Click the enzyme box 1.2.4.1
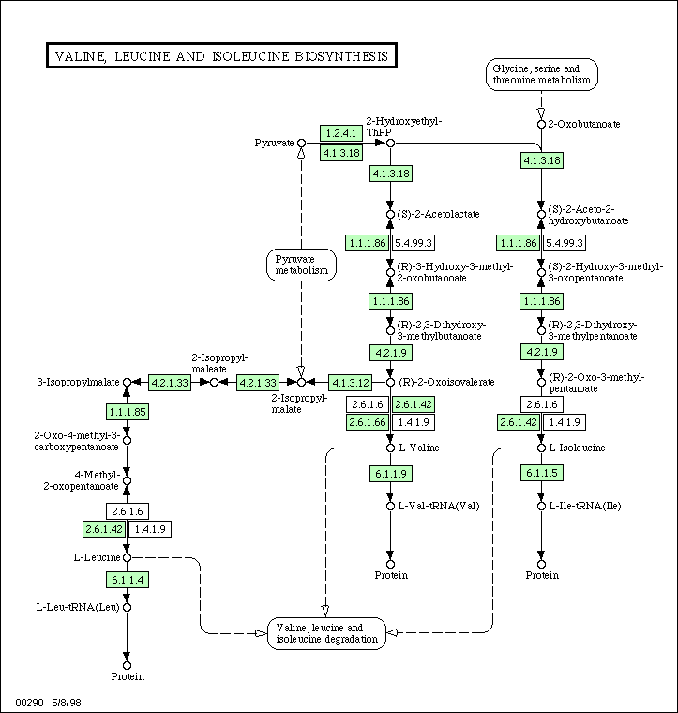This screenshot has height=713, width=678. [x=341, y=133]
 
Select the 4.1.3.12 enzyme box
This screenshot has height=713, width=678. [x=350, y=383]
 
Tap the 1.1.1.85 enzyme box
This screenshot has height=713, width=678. [x=128, y=412]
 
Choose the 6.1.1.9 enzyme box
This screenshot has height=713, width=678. [x=391, y=474]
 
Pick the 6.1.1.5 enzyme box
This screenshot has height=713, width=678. [x=542, y=473]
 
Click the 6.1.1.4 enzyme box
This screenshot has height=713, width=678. [x=128, y=580]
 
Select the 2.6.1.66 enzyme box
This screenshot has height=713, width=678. [x=368, y=422]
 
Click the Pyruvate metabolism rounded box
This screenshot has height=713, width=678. [x=301, y=265]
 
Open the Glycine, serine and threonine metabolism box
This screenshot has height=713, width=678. [x=542, y=74]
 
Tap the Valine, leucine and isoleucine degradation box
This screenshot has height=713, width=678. [x=326, y=633]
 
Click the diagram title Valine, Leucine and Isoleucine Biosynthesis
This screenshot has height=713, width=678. [x=221, y=56]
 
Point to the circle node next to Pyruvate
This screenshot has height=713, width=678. [x=301, y=144]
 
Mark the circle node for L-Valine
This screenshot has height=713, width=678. [x=390, y=448]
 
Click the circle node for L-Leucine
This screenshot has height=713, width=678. [x=128, y=557]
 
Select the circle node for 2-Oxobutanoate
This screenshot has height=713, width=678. [x=541, y=124]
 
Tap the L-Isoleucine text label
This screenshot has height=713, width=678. [x=577, y=448]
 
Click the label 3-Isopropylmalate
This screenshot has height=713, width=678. [x=78, y=382]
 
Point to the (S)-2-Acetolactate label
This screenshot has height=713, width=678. [x=438, y=214]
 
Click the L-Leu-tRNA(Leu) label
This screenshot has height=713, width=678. [x=78, y=608]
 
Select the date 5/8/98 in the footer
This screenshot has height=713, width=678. [x=67, y=703]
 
